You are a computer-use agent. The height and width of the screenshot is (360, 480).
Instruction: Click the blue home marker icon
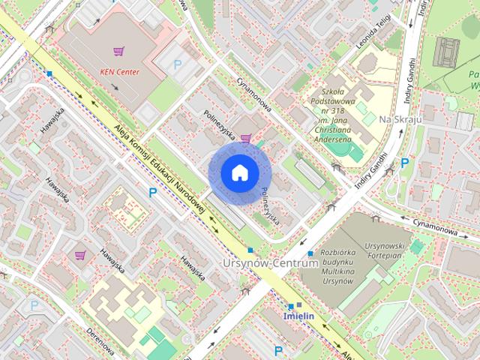[x=239, y=173]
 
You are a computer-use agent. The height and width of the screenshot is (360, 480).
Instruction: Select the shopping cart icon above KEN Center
[x=118, y=52]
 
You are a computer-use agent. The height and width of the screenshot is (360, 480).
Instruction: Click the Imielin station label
[x=298, y=316]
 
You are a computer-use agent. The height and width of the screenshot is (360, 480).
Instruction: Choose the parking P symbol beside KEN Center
[x=178, y=65]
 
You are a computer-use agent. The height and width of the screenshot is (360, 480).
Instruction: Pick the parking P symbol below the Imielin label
[x=278, y=350]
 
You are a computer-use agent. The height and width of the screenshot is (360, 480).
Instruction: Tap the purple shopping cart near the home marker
[x=246, y=138]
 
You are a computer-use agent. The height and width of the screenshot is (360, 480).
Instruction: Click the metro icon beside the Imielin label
[x=290, y=306]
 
